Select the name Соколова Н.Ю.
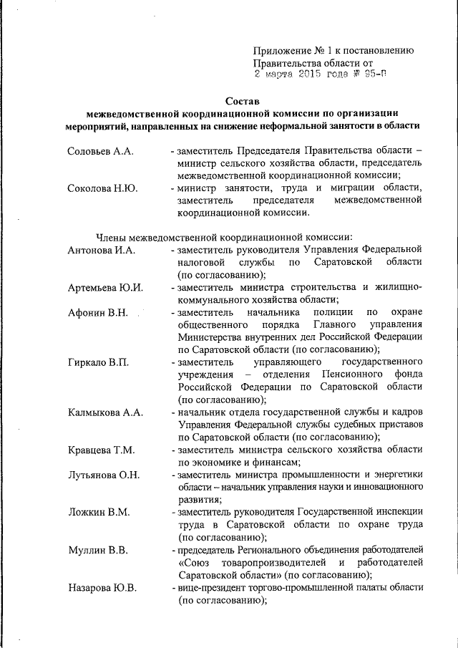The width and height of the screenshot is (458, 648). click(x=102, y=188)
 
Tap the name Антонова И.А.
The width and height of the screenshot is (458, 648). click(x=102, y=250)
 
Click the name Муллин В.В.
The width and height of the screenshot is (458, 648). click(x=97, y=550)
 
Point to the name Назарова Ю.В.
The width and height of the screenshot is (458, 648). click(x=102, y=588)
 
